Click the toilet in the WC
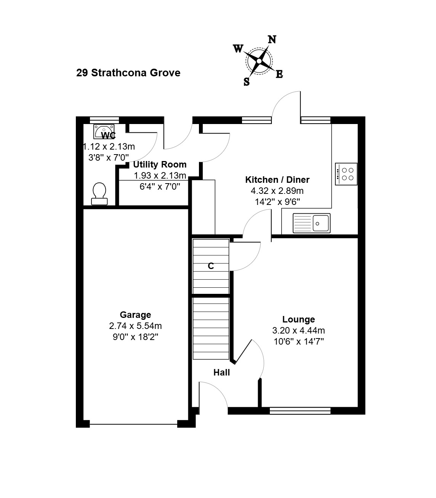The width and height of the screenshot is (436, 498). (x=99, y=194)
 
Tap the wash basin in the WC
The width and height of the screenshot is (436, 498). (x=104, y=132)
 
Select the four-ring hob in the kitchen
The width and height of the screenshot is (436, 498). (x=346, y=174)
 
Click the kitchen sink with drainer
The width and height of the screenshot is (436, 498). (x=311, y=223)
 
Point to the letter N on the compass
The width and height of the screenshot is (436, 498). (x=272, y=40)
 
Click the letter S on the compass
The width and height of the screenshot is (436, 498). (x=247, y=81)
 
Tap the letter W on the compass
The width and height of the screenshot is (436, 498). (x=238, y=49)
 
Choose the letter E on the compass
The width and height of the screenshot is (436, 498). (x=279, y=74)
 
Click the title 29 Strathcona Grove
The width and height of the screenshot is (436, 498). (x=128, y=73)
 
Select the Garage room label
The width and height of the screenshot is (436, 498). (x=135, y=314)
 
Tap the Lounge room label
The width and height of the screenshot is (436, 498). (x=298, y=319)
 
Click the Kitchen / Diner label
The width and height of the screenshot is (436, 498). (x=277, y=179)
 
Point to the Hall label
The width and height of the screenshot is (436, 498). (x=221, y=372)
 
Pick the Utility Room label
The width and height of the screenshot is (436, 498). (x=160, y=164)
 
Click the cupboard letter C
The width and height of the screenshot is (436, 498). (x=211, y=266)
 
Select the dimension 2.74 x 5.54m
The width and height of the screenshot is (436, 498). (x=135, y=326)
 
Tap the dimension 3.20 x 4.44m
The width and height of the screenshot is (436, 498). (x=298, y=330)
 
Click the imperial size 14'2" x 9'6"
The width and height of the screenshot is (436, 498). (x=277, y=201)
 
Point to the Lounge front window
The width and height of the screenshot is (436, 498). (x=300, y=411)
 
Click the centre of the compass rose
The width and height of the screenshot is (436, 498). (x=259, y=61)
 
